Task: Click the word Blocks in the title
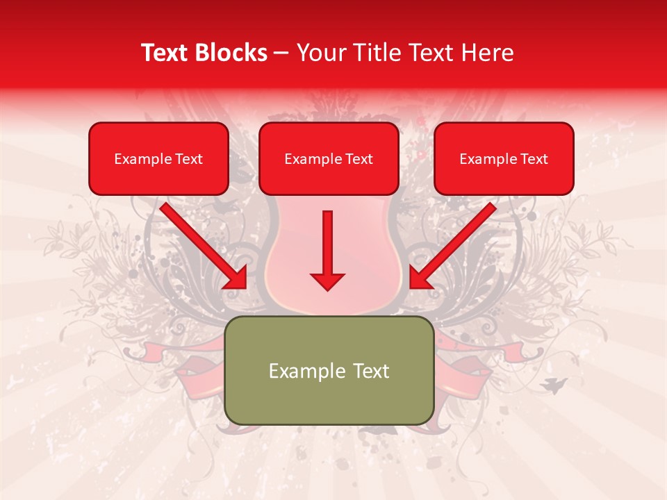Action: [x=232, y=53]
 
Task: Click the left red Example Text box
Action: [x=158, y=159]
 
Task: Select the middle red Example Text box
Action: [x=329, y=159]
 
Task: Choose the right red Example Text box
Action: [x=504, y=159]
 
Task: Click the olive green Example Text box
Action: [x=329, y=370]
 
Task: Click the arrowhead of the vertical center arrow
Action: [x=327, y=281]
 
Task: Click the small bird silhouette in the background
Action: [x=556, y=384]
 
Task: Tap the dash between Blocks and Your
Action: [x=281, y=53]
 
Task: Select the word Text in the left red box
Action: [x=189, y=159]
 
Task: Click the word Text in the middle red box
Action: [x=359, y=159]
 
